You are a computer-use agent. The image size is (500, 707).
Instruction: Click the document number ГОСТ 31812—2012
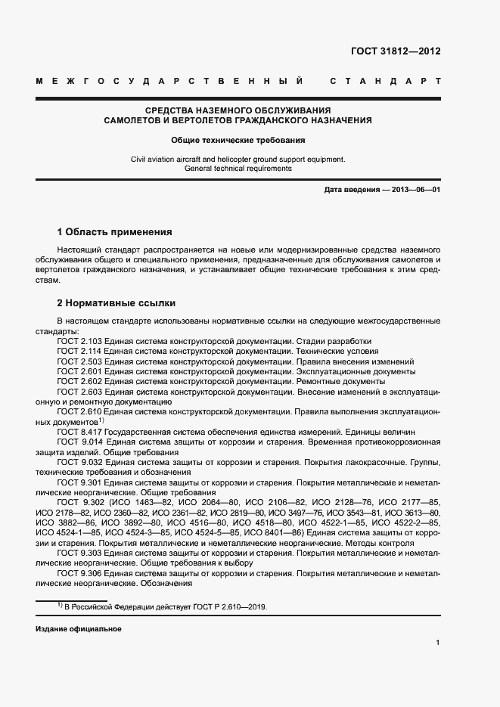[396, 52]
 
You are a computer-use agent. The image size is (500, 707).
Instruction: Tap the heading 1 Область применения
[115, 231]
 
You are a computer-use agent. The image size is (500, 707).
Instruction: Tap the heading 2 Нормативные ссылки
[116, 303]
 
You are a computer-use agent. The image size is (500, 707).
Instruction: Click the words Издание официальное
[78, 629]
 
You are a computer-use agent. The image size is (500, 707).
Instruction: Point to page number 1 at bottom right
[438, 643]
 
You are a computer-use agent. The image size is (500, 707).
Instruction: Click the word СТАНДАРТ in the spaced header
[386, 81]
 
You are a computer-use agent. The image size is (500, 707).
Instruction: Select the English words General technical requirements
[238, 169]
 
